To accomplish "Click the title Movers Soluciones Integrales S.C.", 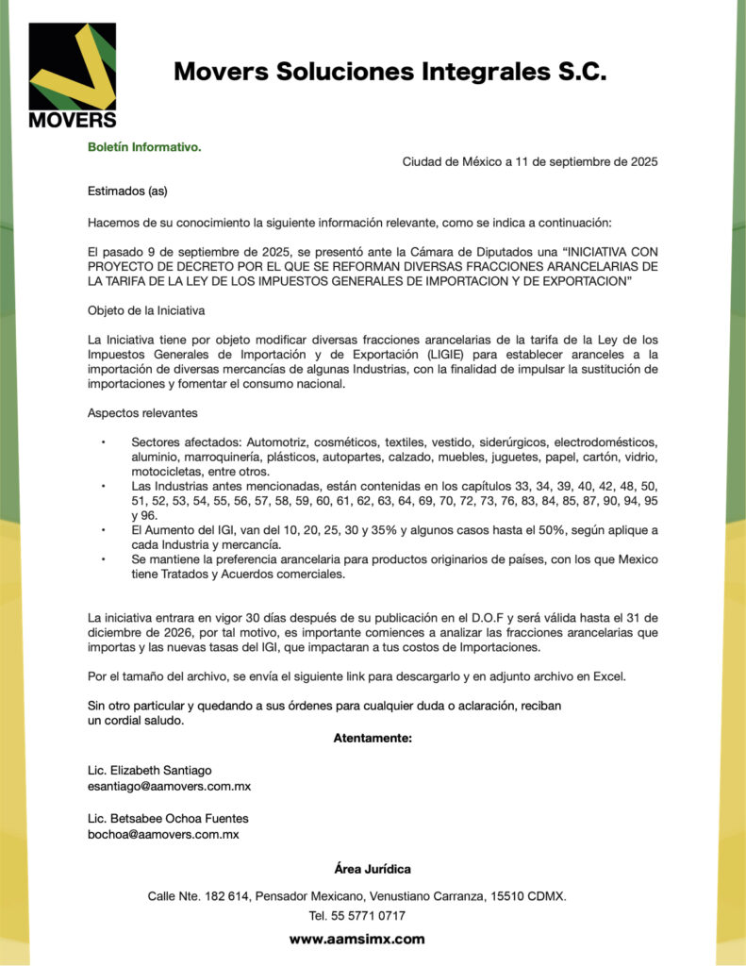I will (x=390, y=72).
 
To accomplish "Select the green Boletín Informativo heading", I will (x=144, y=147).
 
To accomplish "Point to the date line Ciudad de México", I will (x=529, y=161).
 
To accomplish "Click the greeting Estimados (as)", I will (x=127, y=192).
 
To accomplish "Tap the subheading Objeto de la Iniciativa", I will (x=146, y=309).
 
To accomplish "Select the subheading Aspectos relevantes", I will (x=142, y=413).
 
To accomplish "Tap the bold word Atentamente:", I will (x=373, y=738).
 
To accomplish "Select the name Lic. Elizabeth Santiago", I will (x=150, y=771).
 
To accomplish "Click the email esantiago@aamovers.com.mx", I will (x=169, y=786).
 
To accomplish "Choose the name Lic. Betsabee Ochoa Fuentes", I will (x=168, y=819).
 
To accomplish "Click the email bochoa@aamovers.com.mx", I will (x=163, y=834).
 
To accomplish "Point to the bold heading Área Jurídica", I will (x=373, y=868).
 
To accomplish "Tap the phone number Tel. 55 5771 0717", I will (x=357, y=915).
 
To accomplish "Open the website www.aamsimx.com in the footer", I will (x=356, y=939).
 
